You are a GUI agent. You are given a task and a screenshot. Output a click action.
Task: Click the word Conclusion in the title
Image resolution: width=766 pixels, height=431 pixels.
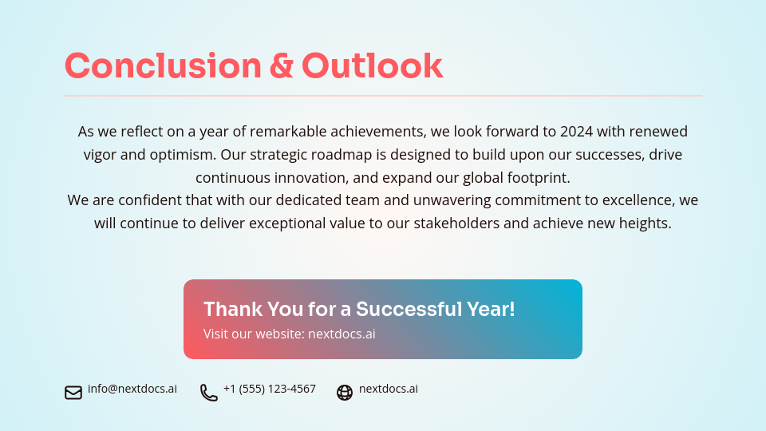163,66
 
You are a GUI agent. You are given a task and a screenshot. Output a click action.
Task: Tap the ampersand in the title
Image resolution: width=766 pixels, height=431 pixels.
281,66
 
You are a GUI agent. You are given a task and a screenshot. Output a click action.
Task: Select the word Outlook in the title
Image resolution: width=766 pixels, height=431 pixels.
372,66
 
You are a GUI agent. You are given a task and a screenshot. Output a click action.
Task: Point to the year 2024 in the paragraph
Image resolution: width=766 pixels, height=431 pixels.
576,131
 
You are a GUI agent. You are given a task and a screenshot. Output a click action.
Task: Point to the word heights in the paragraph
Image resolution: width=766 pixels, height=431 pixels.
643,223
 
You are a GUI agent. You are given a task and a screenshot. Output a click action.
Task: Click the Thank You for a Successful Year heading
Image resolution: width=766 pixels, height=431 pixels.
359,309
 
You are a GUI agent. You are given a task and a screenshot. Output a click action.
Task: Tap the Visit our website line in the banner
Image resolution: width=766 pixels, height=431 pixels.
289,334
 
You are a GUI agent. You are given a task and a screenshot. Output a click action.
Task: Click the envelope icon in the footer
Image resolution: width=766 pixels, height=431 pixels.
73,392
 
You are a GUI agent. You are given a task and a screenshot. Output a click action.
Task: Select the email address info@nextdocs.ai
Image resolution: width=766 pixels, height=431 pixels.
132,389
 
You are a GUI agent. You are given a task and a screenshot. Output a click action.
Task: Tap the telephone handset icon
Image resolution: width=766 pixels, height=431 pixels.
208,392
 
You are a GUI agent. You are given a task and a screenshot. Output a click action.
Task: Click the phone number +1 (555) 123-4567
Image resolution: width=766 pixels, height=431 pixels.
270,389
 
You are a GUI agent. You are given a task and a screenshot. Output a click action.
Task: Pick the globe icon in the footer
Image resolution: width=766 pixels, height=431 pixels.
345,392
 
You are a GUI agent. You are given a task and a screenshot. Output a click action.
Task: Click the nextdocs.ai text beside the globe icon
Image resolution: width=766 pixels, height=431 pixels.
389,389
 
